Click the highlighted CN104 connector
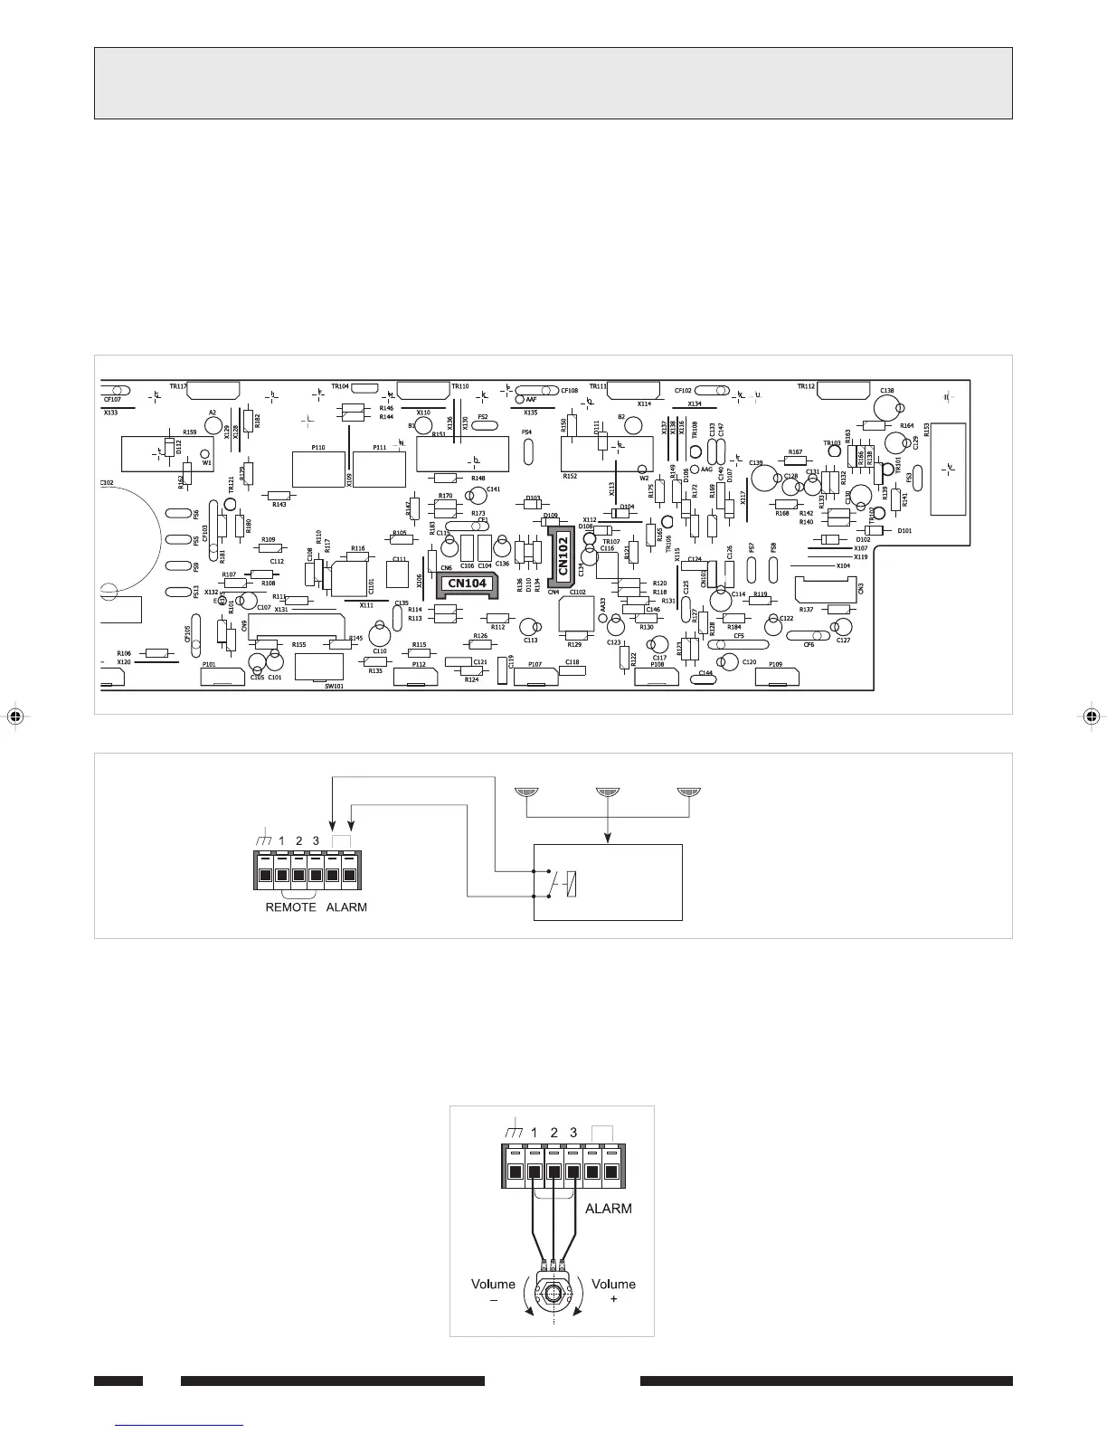pos(467,584)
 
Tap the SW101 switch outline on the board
pos(319,667)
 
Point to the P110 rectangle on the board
pos(318,468)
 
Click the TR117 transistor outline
pos(213,391)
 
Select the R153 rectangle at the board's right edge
pos(948,469)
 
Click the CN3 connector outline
pos(824,589)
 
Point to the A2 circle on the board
pos(213,422)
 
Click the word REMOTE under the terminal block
pos(290,906)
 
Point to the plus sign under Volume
pos(614,1299)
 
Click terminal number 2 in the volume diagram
pos(553,1133)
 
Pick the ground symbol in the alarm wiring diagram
pos(263,840)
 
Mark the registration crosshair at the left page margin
pos(14,716)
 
